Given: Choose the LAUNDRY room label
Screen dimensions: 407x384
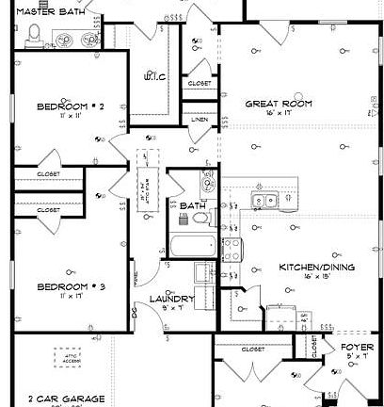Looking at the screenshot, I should coord(172,300).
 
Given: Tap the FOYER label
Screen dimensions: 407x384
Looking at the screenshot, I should coord(357,346).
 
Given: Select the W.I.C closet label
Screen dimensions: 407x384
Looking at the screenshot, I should coord(153,77).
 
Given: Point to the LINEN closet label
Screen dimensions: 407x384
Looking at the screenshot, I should coord(199,120).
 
